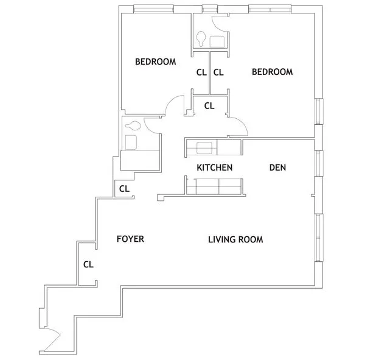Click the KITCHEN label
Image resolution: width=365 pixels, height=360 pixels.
pyautogui.click(x=215, y=168)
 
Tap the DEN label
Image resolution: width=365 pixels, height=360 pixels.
pyautogui.click(x=277, y=168)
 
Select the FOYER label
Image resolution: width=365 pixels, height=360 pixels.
pyautogui.click(x=130, y=239)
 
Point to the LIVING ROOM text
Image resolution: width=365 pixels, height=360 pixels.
pyautogui.click(x=235, y=240)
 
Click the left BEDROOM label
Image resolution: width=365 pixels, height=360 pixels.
pyautogui.click(x=155, y=62)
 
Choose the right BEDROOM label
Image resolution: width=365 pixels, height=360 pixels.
pyautogui.click(x=272, y=72)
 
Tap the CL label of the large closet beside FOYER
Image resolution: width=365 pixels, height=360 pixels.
pyautogui.click(x=88, y=264)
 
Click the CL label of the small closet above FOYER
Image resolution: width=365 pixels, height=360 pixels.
pyautogui.click(x=124, y=189)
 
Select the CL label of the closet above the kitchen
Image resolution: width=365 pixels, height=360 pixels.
pyautogui.click(x=209, y=105)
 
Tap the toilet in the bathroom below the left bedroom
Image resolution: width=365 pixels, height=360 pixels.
pyautogui.click(x=133, y=127)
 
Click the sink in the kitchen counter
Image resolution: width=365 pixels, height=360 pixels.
pyautogui.click(x=203, y=147)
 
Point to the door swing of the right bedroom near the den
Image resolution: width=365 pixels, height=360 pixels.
pyautogui.click(x=238, y=127)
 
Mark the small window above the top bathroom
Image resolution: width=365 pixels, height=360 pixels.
pyautogui.click(x=209, y=9)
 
